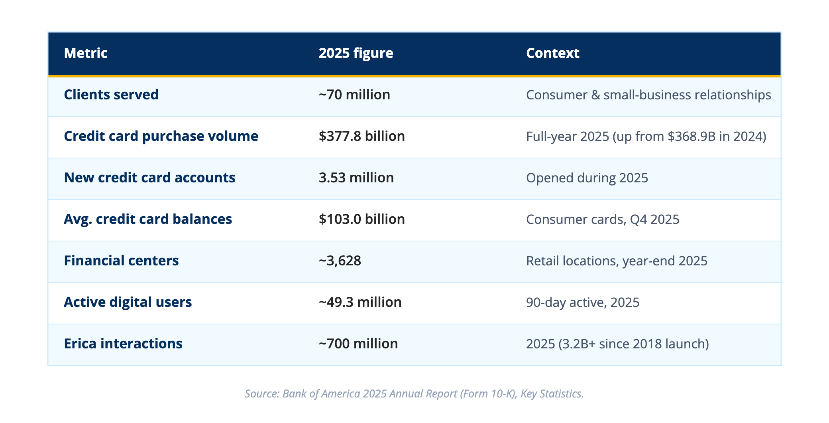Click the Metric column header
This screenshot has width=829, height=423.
[x=86, y=53]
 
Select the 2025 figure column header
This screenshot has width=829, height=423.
[x=356, y=53]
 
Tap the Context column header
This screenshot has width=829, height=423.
[x=552, y=53]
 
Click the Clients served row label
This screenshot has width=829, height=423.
[x=111, y=95]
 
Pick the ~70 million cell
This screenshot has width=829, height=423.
[x=354, y=95]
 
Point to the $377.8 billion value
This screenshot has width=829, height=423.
[x=362, y=136]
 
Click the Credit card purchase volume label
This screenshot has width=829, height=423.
[x=161, y=136]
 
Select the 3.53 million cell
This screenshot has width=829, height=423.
[x=356, y=178]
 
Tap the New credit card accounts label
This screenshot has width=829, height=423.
[x=149, y=178]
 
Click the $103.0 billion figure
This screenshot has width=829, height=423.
[x=362, y=219]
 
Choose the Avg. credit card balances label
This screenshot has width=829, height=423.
[x=148, y=219]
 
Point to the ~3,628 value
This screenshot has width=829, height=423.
[x=340, y=261]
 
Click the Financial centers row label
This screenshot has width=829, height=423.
[x=121, y=261]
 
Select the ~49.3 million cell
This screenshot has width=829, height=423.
[x=360, y=302]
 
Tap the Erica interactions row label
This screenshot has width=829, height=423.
[x=123, y=344]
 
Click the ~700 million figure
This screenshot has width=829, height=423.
[x=358, y=344]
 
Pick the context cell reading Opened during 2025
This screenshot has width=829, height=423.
[x=587, y=178]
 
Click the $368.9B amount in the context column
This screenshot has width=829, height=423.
[x=697, y=136]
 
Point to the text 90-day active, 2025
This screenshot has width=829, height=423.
[x=583, y=302]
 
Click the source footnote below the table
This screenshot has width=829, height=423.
[x=414, y=393]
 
